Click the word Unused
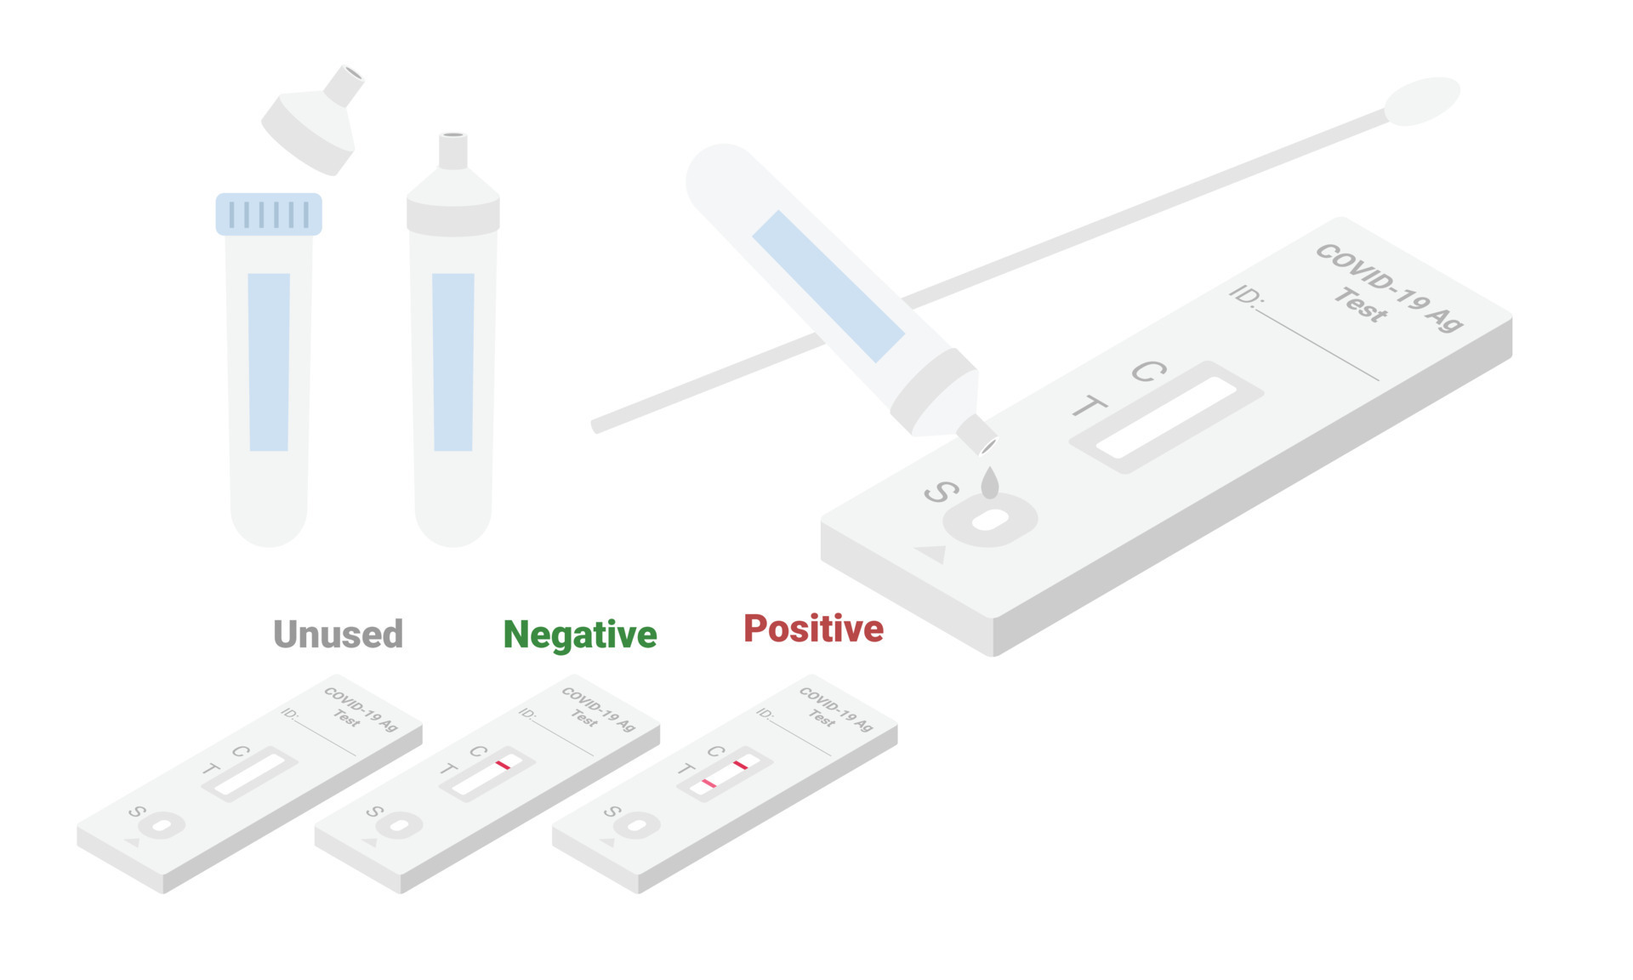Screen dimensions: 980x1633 pyautogui.click(x=338, y=635)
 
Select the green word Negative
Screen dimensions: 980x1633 pyautogui.click(x=580, y=635)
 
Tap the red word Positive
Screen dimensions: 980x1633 pyautogui.click(x=813, y=629)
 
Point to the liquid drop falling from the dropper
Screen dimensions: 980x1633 pyautogui.click(x=989, y=482)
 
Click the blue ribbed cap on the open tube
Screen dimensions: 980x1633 pyautogui.click(x=269, y=214)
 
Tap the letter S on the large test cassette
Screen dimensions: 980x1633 pyautogui.click(x=941, y=492)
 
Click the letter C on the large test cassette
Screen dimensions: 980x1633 pyautogui.click(x=1148, y=371)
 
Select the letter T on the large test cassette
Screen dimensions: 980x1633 pyautogui.click(x=1089, y=407)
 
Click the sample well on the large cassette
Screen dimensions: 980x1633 pyautogui.click(x=990, y=520)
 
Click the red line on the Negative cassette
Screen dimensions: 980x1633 pyautogui.click(x=503, y=765)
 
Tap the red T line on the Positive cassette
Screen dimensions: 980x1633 pyautogui.click(x=708, y=783)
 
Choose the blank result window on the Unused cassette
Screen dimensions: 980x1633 pyautogui.click(x=249, y=774)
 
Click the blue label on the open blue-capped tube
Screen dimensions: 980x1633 pyautogui.click(x=269, y=362)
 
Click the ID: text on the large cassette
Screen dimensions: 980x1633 pyautogui.click(x=1247, y=295)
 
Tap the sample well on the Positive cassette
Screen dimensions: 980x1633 pyautogui.click(x=636, y=825)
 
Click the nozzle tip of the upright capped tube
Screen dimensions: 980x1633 pyautogui.click(x=452, y=138)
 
